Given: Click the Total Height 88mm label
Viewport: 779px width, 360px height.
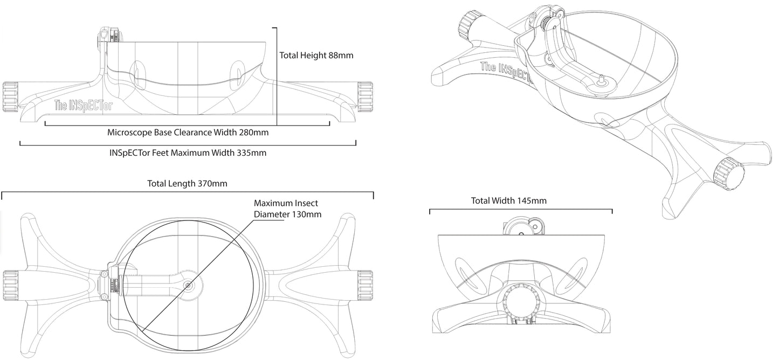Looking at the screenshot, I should tap(316, 55).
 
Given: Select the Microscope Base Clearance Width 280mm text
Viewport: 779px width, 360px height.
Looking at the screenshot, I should tap(188, 132).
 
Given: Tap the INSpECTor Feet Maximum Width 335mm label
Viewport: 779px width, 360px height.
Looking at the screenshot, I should tap(188, 153).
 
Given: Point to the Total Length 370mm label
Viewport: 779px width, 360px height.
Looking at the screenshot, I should tap(187, 183).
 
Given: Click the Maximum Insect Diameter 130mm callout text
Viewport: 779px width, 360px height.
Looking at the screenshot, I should tap(287, 209).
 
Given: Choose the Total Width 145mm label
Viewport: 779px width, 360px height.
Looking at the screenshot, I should tap(508, 201).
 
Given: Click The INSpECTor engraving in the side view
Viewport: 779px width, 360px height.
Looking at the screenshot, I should tap(84, 105).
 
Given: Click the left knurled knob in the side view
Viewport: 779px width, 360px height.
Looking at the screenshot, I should tap(10, 96).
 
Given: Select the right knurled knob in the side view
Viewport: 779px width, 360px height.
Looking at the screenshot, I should tap(365, 96).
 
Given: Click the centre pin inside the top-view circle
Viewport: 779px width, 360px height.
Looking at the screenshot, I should tap(188, 285).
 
